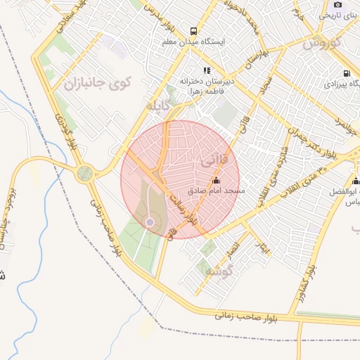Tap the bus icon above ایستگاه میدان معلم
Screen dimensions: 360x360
193,31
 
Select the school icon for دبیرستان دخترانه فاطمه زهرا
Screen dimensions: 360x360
207,70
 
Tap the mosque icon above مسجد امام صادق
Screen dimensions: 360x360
214,181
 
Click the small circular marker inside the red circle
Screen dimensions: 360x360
149,222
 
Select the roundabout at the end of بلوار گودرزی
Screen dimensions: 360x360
86,174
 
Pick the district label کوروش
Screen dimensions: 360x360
321,43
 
